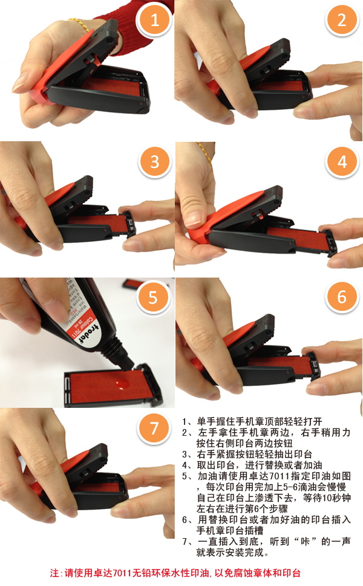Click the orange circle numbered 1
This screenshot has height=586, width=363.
pyautogui.click(x=155, y=21)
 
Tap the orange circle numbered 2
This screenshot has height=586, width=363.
pyautogui.click(x=342, y=21)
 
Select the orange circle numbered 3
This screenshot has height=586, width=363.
pyautogui.click(x=155, y=162)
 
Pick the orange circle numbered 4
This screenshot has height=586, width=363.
pyautogui.click(x=342, y=162)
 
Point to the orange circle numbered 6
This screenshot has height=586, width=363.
pyautogui.click(x=342, y=297)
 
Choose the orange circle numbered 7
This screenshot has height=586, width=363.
pyautogui.click(x=154, y=428)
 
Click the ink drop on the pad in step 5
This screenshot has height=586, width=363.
pyautogui.click(x=121, y=383)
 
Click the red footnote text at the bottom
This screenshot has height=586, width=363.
pyautogui.click(x=175, y=573)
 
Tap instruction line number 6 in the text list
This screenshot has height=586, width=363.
pyautogui.click(x=267, y=520)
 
